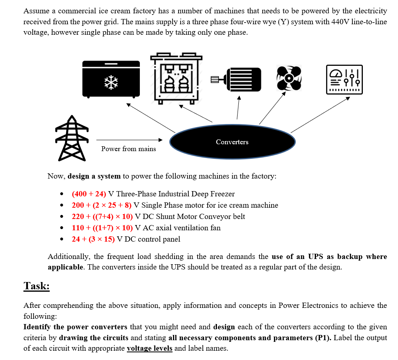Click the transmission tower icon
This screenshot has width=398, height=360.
pyautogui.click(x=71, y=138)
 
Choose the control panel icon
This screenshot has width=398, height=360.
pyautogui.click(x=345, y=79)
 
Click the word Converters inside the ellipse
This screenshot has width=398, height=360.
pyautogui.click(x=232, y=142)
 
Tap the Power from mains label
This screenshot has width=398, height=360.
pyautogui.click(x=128, y=149)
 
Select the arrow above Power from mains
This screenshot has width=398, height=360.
pyautogui.click(x=129, y=140)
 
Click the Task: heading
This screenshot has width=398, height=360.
pyautogui.click(x=36, y=286)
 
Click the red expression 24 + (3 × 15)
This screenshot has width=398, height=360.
pyautogui.click(x=93, y=239)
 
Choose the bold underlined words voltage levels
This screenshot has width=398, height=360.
pyautogui.click(x=150, y=348)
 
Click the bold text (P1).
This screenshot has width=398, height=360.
pyautogui.click(x=323, y=337)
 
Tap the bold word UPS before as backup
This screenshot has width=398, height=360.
pyautogui.click(x=316, y=257)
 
